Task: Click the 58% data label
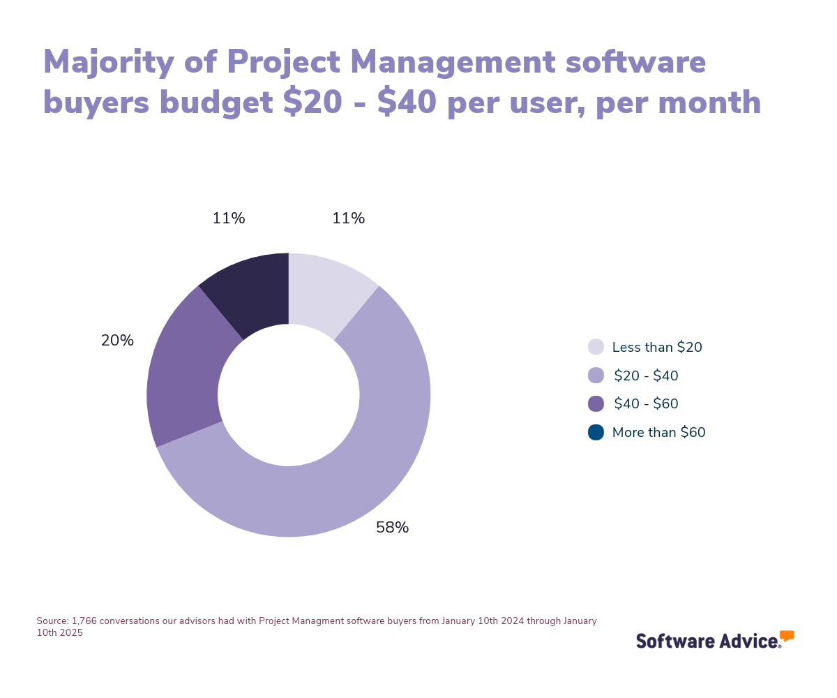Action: tap(392, 528)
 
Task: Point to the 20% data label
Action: tap(117, 341)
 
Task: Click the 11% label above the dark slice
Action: tap(229, 219)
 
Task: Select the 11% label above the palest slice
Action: tap(348, 219)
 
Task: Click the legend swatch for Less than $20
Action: tap(596, 347)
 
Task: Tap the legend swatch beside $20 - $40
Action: tap(596, 376)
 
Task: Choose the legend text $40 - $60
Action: tap(646, 404)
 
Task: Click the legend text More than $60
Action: tap(658, 433)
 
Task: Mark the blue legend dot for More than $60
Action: tap(596, 433)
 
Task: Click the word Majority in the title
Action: tap(108, 63)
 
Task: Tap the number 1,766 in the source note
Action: tap(84, 621)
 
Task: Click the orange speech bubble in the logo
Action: tap(787, 636)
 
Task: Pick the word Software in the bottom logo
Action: tap(673, 641)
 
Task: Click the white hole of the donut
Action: tap(289, 395)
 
